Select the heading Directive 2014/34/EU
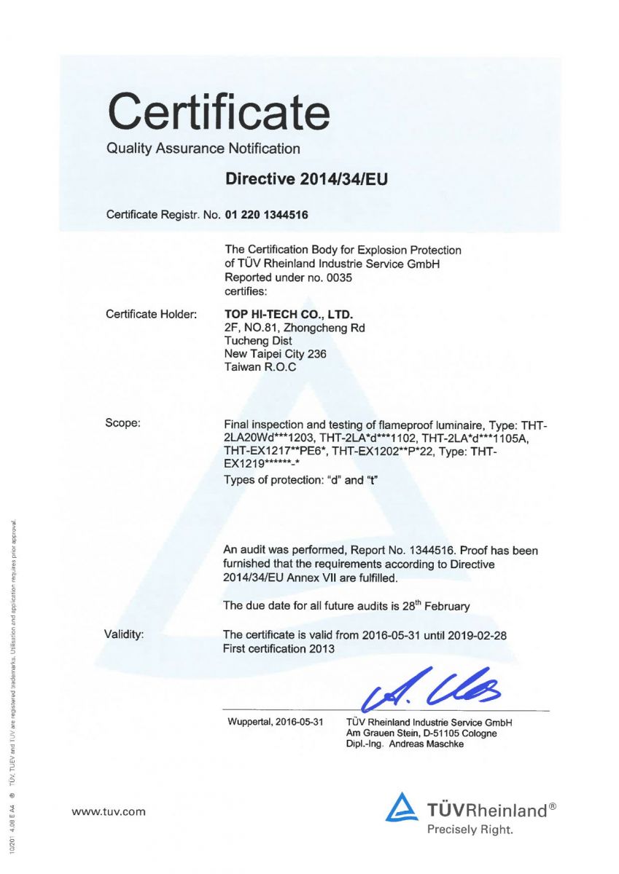(x=306, y=179)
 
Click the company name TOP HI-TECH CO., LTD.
(x=288, y=315)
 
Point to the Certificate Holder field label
(x=152, y=315)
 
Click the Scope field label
(x=123, y=423)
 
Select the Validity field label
(x=125, y=635)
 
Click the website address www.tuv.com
(x=108, y=811)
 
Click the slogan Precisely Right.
(x=470, y=830)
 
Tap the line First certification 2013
(x=279, y=648)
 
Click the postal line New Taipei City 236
(x=276, y=354)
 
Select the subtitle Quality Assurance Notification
(x=203, y=149)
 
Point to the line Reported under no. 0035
(x=281, y=277)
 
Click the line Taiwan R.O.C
(x=260, y=367)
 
